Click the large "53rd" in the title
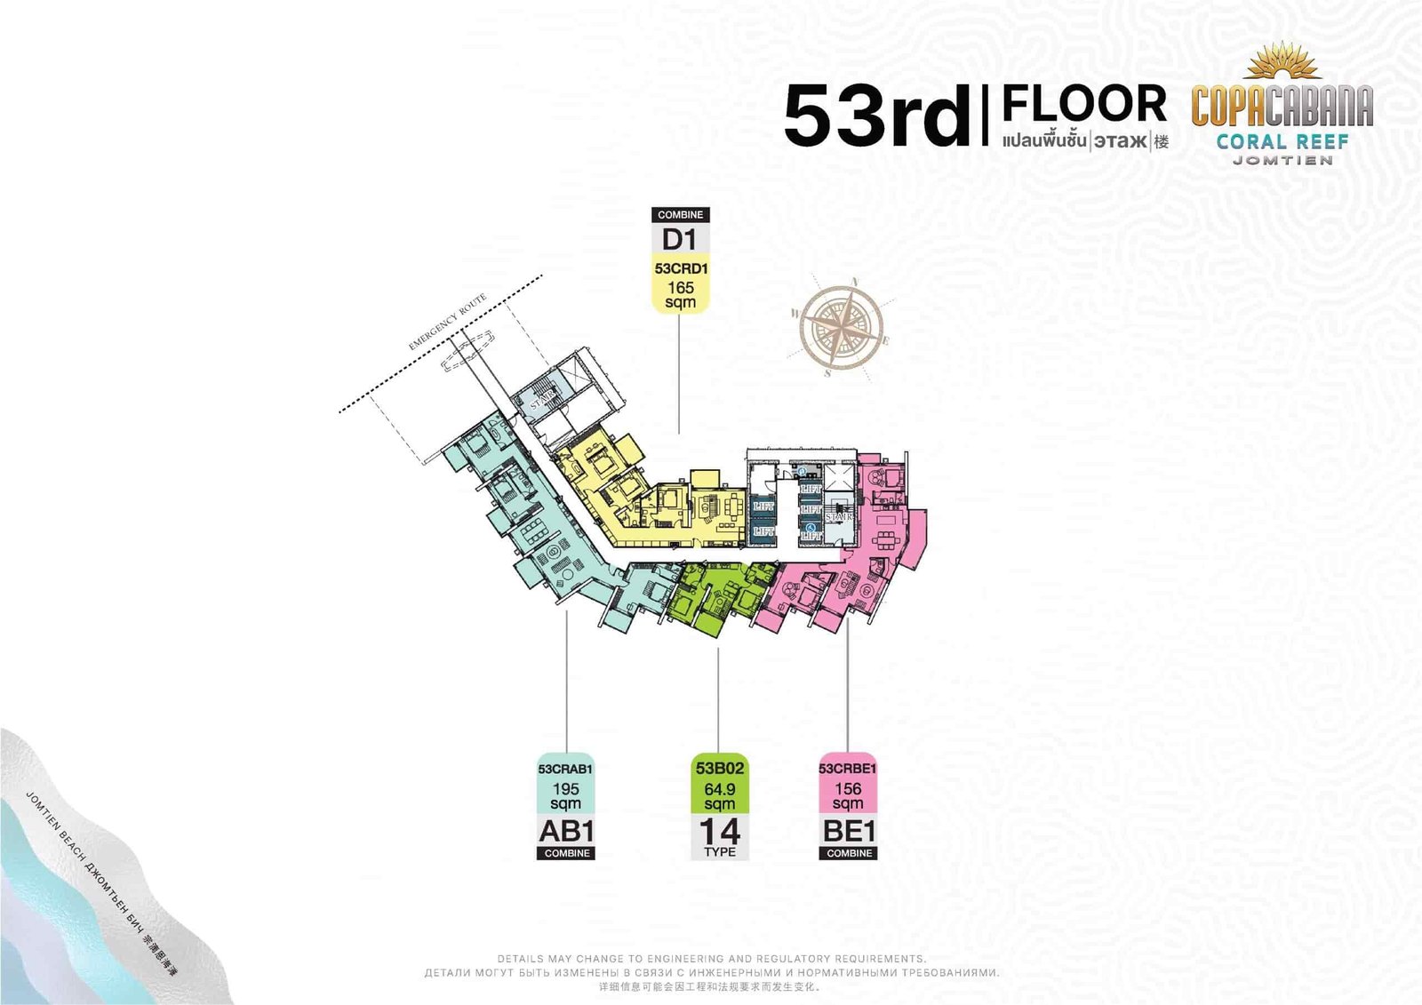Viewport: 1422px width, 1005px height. pyautogui.click(x=877, y=116)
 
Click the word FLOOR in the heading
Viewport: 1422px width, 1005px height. pyautogui.click(x=1084, y=104)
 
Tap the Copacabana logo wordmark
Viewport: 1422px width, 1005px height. pyautogui.click(x=1282, y=106)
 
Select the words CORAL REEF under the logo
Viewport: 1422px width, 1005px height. pyautogui.click(x=1282, y=141)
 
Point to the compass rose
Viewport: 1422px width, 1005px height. pyautogui.click(x=840, y=326)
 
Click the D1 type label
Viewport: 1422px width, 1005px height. pyautogui.click(x=680, y=239)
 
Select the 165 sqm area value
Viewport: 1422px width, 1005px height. pyautogui.click(x=681, y=294)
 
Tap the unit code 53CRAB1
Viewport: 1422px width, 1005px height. pyautogui.click(x=565, y=769)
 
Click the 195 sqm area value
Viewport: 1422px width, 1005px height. pyautogui.click(x=566, y=795)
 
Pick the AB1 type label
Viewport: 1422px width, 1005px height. pyautogui.click(x=566, y=831)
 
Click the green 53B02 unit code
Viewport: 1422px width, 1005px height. pyautogui.click(x=720, y=769)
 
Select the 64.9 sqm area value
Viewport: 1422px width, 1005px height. pyautogui.click(x=720, y=795)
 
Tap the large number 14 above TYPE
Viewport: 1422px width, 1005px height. pyautogui.click(x=720, y=831)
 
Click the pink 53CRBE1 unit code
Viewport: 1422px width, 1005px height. pyautogui.click(x=848, y=769)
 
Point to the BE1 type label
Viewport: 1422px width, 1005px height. pyautogui.click(x=849, y=831)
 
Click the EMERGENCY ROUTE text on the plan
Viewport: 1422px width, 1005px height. pyautogui.click(x=448, y=322)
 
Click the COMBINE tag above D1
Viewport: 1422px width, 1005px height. pyautogui.click(x=681, y=215)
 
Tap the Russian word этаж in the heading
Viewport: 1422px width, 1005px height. pyautogui.click(x=1120, y=141)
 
